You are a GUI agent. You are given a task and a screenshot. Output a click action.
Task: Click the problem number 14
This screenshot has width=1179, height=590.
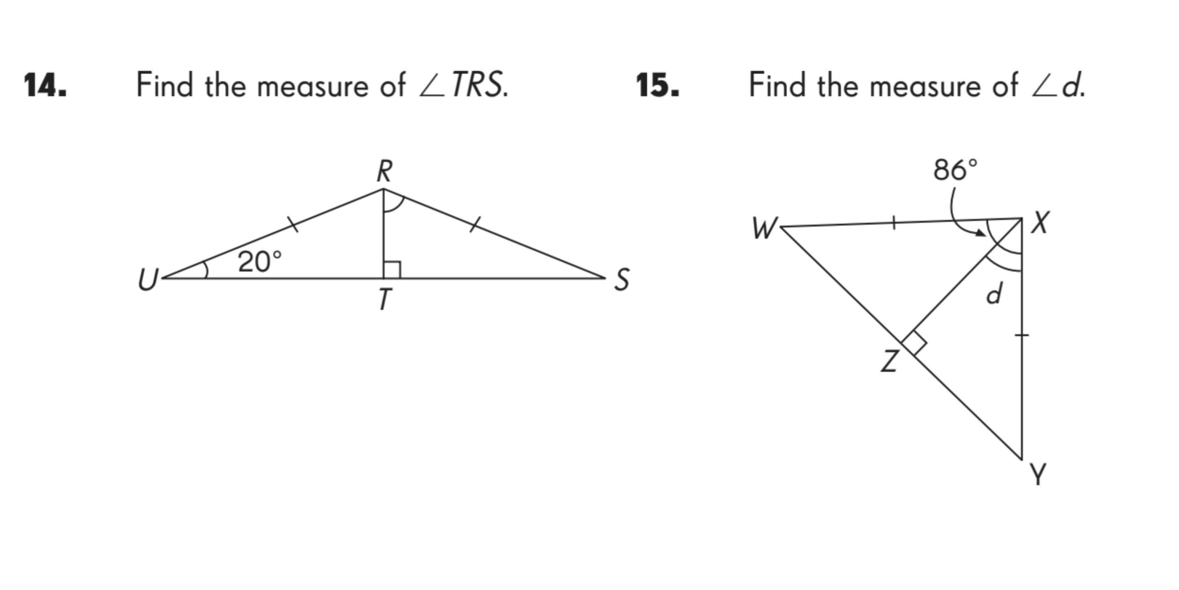[45, 86]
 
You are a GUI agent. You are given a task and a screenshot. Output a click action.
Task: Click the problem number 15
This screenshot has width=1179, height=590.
[657, 86]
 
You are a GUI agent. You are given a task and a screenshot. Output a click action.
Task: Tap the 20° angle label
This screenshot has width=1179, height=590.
[260, 261]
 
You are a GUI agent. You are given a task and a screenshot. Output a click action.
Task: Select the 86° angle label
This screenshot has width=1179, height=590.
[955, 169]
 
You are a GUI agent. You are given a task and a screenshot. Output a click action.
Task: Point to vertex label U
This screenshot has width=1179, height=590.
[148, 280]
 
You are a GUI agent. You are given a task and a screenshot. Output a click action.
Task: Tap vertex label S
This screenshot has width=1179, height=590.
[622, 280]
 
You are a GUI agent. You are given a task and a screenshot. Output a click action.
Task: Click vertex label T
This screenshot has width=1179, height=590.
[385, 299]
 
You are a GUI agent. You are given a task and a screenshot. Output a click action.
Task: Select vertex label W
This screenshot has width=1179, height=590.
[764, 229]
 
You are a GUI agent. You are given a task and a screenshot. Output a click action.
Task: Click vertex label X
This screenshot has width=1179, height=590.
[1040, 222]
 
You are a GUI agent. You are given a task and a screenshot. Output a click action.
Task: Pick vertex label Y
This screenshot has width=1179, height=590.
[1038, 475]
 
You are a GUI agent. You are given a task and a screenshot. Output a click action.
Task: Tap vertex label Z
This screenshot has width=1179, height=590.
[890, 362]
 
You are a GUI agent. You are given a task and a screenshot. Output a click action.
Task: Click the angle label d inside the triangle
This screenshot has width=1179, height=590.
[994, 294]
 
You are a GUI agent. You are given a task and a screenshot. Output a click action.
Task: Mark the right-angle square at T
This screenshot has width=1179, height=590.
[392, 270]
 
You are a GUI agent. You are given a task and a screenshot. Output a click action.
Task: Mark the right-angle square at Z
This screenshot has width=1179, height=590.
[914, 343]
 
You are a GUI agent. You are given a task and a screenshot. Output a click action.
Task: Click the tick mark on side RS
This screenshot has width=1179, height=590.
[475, 224]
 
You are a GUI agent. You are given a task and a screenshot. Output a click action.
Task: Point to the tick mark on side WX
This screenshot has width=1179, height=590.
[894, 223]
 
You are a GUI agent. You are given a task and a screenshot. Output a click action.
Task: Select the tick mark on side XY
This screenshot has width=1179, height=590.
[1022, 335]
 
